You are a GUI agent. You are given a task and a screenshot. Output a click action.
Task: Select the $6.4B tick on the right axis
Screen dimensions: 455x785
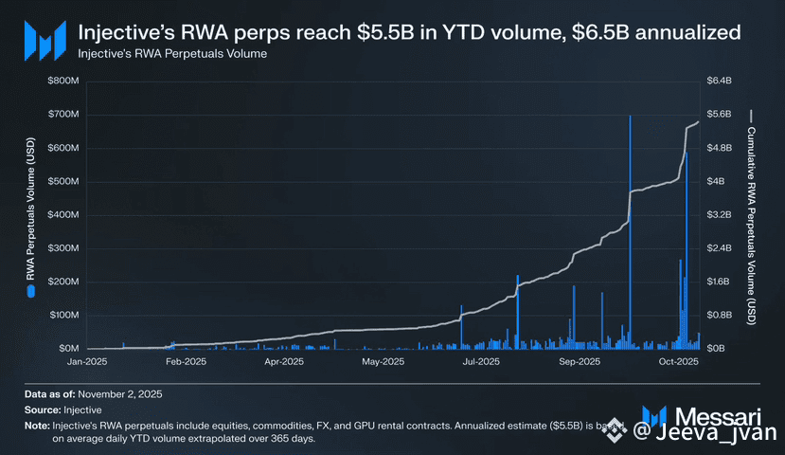pos(720,82)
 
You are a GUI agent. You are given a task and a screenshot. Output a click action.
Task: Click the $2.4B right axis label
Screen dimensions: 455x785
pos(720,248)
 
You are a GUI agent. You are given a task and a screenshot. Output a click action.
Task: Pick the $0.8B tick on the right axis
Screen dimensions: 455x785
pos(720,315)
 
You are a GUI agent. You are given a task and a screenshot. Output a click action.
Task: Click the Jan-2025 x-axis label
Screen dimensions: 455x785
pos(88,362)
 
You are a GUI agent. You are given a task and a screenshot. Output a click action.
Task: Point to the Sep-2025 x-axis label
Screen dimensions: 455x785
pos(580,362)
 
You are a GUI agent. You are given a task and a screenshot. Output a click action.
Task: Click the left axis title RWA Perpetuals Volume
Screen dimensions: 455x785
pos(30,215)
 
